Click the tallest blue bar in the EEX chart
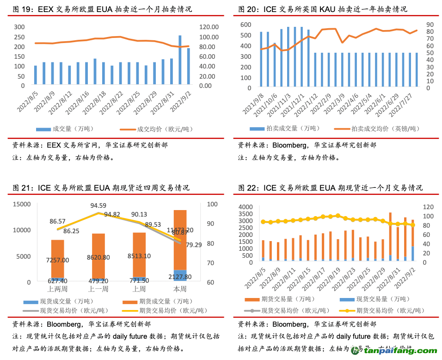180,60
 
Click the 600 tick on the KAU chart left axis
246,25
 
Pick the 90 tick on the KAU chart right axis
430,25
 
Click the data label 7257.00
58,261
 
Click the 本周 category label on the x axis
180,289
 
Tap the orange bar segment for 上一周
98,255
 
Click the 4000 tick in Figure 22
246,206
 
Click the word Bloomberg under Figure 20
289,145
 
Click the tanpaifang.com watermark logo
393,351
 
